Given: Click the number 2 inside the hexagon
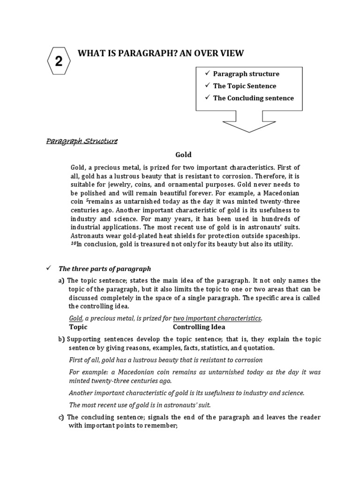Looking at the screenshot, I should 59,61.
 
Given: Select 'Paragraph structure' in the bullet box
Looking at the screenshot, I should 246,74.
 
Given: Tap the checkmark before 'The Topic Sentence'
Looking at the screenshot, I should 207,86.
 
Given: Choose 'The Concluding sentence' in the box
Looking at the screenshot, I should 253,98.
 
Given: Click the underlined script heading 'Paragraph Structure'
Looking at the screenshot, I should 82,141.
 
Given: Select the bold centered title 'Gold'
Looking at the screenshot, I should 183,154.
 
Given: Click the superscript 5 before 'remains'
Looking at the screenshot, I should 86,201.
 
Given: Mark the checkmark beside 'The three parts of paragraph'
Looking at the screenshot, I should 48,269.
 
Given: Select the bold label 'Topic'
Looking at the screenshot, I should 78,327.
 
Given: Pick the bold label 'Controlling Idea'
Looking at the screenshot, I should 199,327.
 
